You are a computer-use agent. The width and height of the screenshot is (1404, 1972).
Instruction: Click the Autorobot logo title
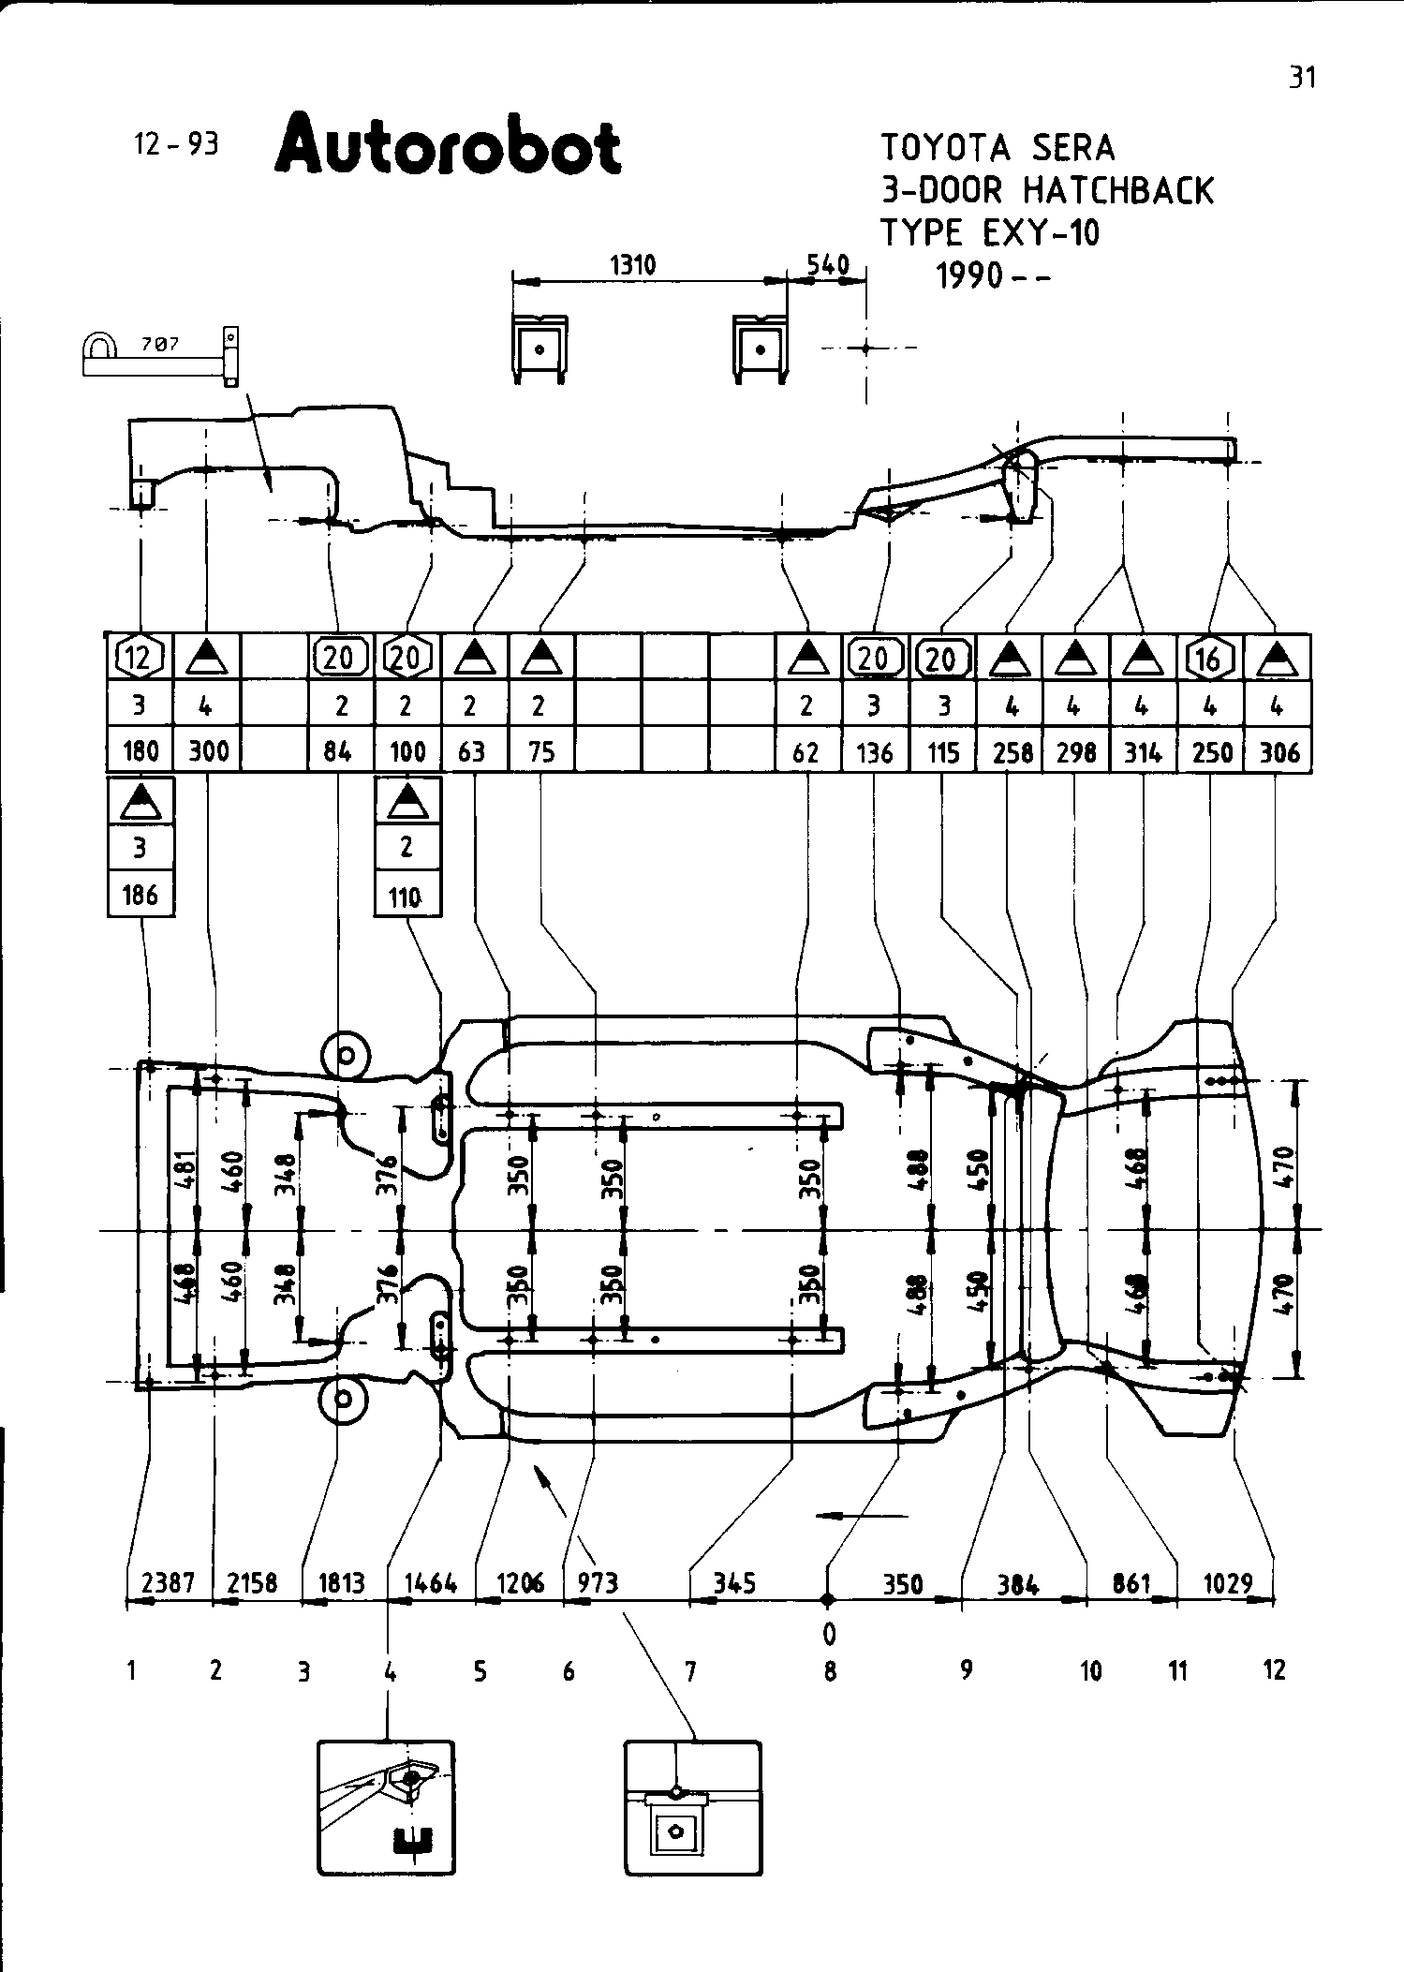[x=448, y=146]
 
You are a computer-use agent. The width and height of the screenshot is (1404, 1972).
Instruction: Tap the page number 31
[x=1302, y=78]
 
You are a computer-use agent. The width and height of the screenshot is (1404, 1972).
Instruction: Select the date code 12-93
[x=176, y=144]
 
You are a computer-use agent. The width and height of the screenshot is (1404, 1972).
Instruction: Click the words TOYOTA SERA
[x=998, y=148]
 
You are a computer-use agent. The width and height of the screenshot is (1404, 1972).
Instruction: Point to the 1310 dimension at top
[x=633, y=265]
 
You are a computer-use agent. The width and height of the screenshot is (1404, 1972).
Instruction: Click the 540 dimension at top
[x=828, y=265]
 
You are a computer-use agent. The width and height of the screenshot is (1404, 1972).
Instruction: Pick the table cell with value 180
[x=140, y=751]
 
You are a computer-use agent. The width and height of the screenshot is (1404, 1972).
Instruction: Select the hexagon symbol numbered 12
[x=140, y=659]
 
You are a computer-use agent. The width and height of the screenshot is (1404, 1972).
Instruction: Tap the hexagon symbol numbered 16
[x=1210, y=659]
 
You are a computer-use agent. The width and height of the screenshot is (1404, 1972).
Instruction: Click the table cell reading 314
[x=1143, y=751]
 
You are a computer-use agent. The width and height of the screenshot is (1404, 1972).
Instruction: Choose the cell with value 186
[x=140, y=895]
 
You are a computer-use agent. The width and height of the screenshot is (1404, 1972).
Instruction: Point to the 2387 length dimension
[x=168, y=1582]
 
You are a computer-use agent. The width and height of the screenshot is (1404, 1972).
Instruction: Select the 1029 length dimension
[x=1227, y=1582]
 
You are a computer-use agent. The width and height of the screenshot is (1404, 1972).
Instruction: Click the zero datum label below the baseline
[x=829, y=1633]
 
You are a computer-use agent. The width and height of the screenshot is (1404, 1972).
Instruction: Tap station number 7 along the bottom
[x=690, y=1670]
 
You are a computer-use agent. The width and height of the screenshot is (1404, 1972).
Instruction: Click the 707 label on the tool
[x=160, y=345]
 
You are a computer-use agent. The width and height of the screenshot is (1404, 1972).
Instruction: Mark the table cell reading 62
[x=805, y=751]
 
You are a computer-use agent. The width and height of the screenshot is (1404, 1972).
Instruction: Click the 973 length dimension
[x=598, y=1582]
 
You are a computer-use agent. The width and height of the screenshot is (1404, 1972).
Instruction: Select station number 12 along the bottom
[x=1274, y=1669]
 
